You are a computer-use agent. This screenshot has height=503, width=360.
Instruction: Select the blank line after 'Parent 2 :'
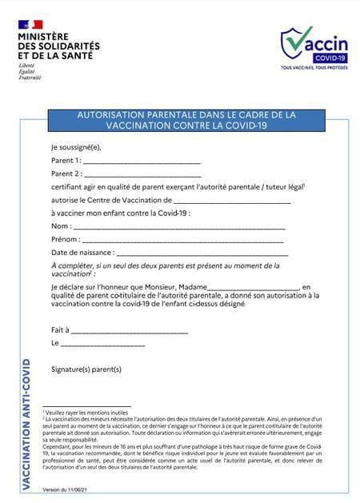point(142,174)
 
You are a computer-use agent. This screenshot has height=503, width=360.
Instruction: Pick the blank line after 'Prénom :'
point(182,240)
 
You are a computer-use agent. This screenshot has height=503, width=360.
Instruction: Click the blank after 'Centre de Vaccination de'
point(231,200)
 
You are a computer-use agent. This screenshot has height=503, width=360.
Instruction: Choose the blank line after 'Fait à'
point(130,329)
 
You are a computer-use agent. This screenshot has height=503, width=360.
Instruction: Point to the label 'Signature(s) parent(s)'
point(86,369)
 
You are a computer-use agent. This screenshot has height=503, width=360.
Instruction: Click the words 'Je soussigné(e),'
point(76,146)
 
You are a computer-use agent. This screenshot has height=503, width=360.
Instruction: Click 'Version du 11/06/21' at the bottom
point(65,489)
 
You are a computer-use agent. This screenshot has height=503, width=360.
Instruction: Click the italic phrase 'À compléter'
point(72,265)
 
